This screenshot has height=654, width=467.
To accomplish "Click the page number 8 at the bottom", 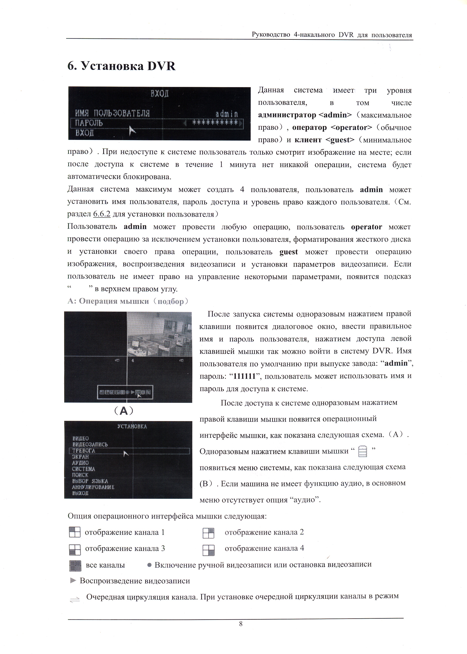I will point(241,623).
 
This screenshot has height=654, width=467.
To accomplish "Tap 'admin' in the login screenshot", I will point(227,114).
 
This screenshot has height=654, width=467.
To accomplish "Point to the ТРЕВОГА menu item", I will point(83,451).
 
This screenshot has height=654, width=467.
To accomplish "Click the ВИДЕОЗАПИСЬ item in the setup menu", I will point(90,444).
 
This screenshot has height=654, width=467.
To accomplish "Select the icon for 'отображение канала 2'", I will point(208,533).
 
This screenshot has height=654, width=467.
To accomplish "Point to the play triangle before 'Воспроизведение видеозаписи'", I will point(73,581).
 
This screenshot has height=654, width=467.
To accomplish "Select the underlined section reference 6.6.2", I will point(102,214).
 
